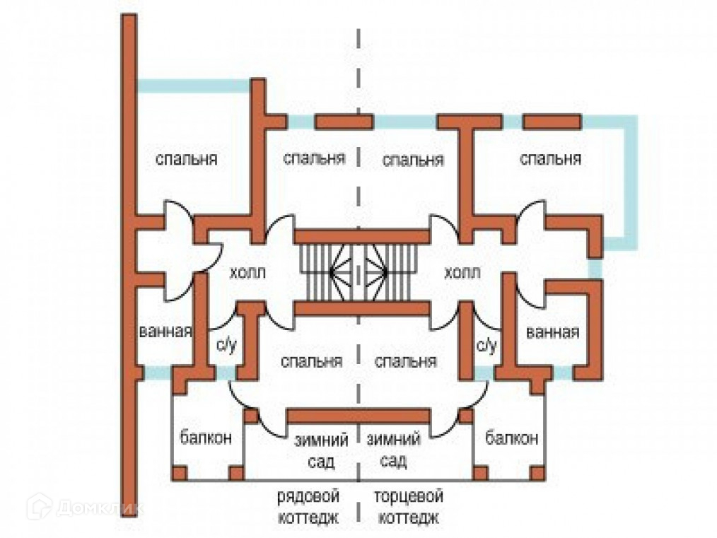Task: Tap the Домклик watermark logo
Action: click(85, 507)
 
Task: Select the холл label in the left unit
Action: click(247, 273)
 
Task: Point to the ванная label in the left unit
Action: click(166, 331)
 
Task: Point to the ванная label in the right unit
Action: click(553, 332)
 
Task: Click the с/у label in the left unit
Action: click(223, 345)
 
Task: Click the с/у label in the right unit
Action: click(486, 345)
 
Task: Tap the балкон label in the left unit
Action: click(205, 438)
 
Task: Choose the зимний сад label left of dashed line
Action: click(322, 451)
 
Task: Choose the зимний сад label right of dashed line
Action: click(393, 451)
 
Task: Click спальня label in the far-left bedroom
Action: click(186, 158)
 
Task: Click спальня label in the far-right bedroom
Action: click(550, 158)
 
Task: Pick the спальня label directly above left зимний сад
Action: click(311, 362)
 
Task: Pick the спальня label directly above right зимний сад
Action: click(405, 362)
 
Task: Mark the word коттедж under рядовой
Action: click(308, 517)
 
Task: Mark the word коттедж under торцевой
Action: click(409, 517)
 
